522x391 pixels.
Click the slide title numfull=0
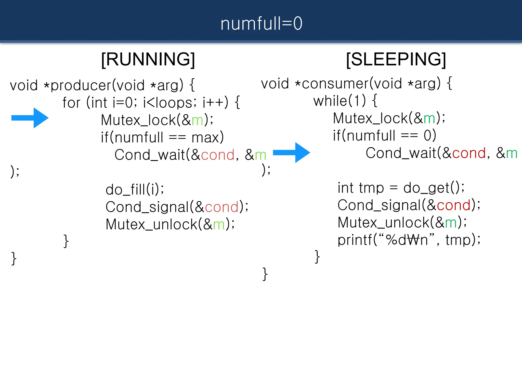tap(261, 24)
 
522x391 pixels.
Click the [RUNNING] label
tap(148, 59)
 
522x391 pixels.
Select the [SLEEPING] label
tap(396, 59)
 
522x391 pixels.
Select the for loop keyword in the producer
tap(71, 103)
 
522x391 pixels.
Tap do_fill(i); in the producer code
tap(135, 190)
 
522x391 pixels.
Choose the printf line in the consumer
tap(409, 240)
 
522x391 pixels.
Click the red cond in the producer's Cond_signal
tap(221, 207)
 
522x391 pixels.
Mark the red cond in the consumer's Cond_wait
tap(469, 153)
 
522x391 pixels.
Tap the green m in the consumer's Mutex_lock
tap(429, 119)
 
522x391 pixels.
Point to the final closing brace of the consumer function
tap(265, 274)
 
